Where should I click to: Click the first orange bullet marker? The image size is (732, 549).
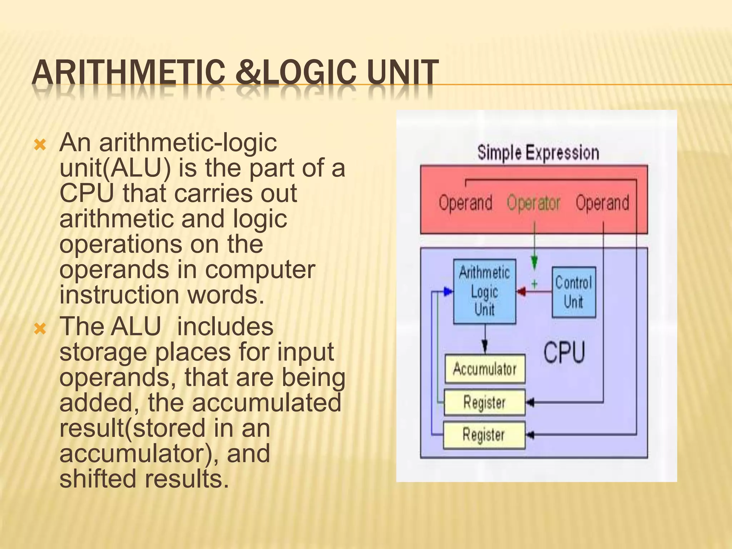[x=40, y=145]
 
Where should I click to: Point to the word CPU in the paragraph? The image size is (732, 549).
[x=86, y=193]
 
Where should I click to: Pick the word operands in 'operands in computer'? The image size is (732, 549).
[x=114, y=270]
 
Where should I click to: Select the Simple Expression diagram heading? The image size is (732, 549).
[x=538, y=153]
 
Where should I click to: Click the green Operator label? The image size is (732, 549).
[x=533, y=203]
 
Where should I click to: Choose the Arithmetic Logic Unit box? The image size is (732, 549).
[x=484, y=292]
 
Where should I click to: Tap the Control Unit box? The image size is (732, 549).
[x=574, y=292]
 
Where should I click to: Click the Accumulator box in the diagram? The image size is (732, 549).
[x=485, y=369]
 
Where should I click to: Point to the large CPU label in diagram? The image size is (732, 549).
[x=564, y=352]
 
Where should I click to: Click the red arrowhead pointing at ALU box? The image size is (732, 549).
[x=522, y=292]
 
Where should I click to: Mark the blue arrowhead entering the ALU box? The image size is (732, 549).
[x=448, y=292]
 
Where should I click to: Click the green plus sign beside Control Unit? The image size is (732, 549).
[x=534, y=284]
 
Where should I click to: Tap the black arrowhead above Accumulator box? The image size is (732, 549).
[x=485, y=347]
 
